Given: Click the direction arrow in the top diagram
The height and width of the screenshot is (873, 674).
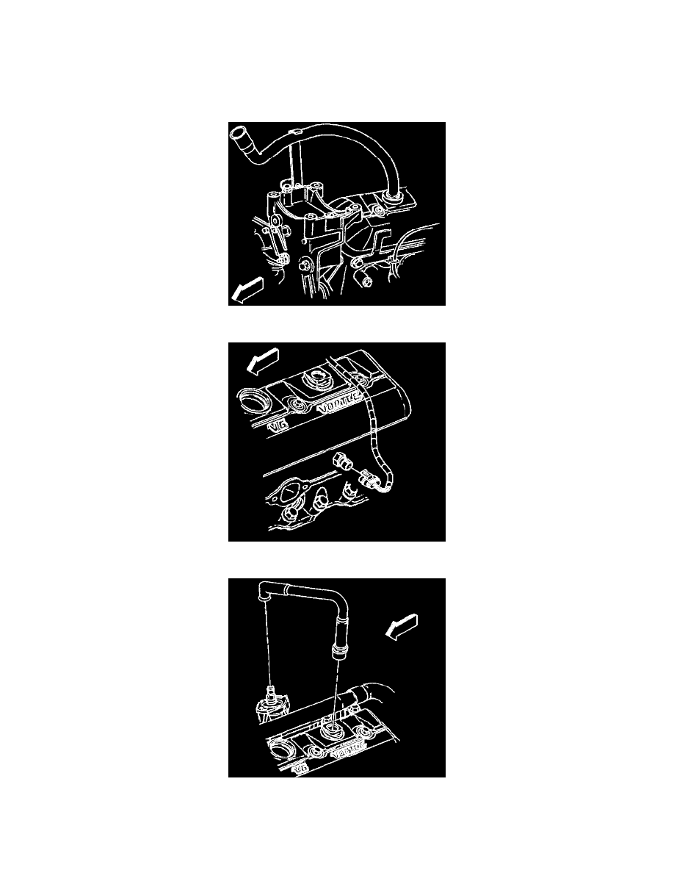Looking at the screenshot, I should click(244, 291).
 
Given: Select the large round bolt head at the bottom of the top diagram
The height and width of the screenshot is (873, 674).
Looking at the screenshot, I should click(365, 279).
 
